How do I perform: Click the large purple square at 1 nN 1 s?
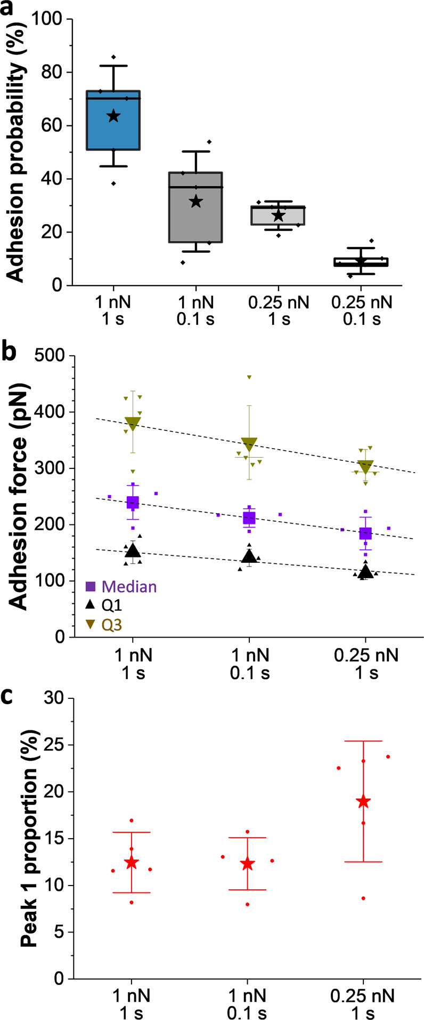[x=133, y=502]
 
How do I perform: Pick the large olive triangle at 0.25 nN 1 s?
[x=365, y=466]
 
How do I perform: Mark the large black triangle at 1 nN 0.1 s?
[x=249, y=556]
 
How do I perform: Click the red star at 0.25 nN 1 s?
[x=364, y=801]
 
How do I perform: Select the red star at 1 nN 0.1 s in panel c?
[x=247, y=864]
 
